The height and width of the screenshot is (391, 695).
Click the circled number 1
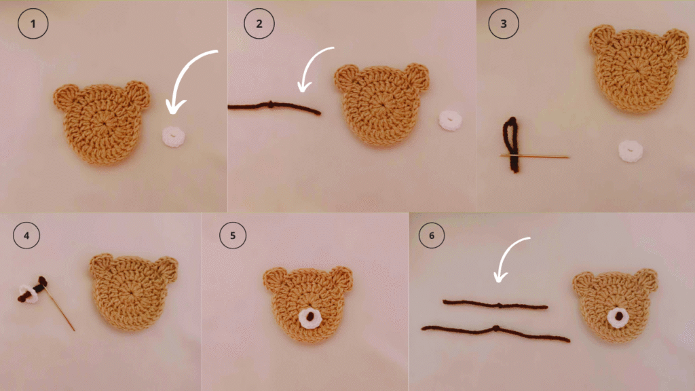33,24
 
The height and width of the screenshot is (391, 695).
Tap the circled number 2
259,24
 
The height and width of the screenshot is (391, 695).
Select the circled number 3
504,24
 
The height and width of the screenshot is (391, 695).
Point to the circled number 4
26,236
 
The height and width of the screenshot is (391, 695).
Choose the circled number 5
233,236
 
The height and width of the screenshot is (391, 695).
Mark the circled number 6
432,236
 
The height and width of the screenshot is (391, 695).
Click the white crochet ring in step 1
173,136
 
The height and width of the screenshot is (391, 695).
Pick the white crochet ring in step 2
451,120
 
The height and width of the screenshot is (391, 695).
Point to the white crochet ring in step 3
631,151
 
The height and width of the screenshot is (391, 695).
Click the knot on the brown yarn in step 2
271,105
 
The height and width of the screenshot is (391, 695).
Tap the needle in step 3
534,156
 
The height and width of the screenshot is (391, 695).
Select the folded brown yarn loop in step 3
512,145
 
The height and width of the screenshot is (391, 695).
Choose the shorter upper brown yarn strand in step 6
495,305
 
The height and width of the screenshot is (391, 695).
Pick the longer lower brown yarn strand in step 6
495,331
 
